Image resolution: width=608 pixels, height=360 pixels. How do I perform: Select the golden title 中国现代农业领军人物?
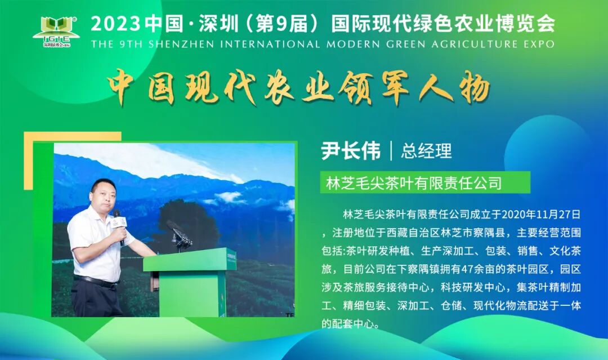pyautogui.click(x=298, y=88)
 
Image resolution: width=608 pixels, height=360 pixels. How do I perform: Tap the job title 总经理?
pyautogui.click(x=426, y=151)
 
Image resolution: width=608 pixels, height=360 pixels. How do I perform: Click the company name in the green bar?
pyautogui.click(x=414, y=183)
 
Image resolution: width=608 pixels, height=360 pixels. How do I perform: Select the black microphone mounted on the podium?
pyautogui.click(x=179, y=234)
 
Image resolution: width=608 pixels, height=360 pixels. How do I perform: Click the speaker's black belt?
pyautogui.click(x=96, y=279)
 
